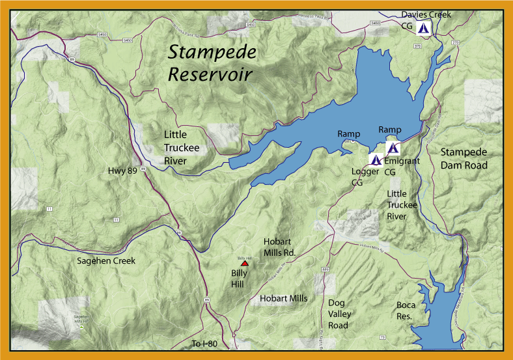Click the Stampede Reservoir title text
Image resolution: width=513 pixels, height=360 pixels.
coord(212,63)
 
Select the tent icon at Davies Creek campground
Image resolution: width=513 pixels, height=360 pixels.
coord(423,29)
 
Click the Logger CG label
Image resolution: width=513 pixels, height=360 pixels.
coord(365,178)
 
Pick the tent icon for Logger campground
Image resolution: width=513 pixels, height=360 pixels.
coord(376,159)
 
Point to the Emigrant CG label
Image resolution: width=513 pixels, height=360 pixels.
coord(399,167)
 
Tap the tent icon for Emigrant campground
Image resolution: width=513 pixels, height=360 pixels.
coord(391,148)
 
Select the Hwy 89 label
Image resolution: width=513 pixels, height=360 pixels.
coord(123,171)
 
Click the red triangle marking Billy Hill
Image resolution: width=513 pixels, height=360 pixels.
coord(245,264)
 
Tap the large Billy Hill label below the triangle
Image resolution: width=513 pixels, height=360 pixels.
coord(240,279)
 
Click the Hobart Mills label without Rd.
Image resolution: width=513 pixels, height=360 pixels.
coord(283,298)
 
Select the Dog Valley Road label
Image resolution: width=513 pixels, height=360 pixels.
coord(338,314)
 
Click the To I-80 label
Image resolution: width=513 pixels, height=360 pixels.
coord(204,343)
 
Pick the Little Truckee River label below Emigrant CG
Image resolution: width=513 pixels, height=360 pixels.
coord(401,205)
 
